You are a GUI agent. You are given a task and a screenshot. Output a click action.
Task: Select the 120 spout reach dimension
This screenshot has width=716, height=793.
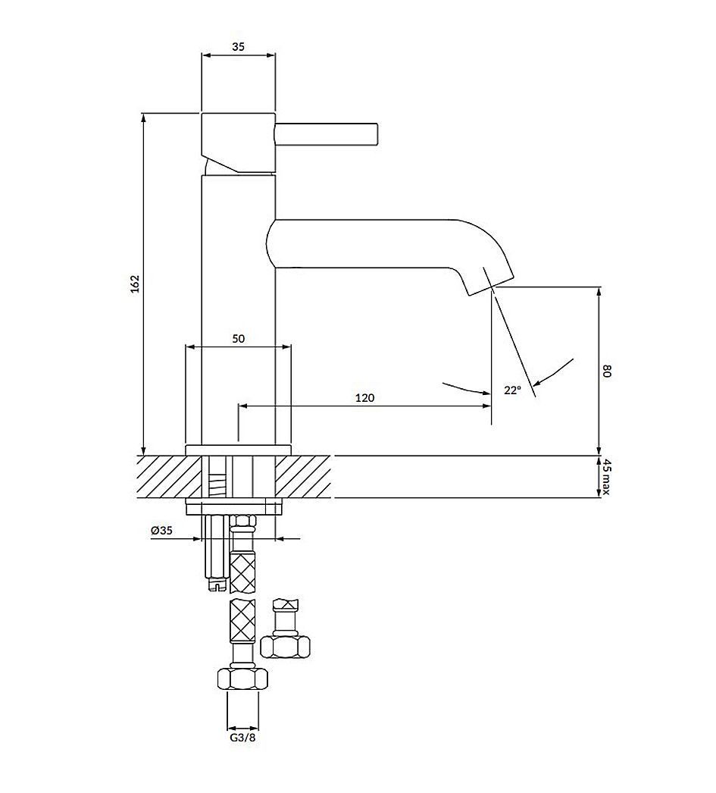(x=365, y=397)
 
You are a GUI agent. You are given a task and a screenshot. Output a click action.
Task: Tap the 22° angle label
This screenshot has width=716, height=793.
(x=512, y=390)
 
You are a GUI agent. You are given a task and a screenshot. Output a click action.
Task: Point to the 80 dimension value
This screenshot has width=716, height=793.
(x=606, y=371)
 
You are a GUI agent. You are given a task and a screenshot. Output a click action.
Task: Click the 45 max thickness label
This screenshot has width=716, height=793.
(x=606, y=477)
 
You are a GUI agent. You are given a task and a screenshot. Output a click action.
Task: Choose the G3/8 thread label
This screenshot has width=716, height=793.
(x=242, y=736)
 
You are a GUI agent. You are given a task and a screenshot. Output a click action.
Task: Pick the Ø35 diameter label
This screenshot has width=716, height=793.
(x=162, y=531)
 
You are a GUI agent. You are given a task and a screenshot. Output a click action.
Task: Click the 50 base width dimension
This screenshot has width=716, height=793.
(x=238, y=339)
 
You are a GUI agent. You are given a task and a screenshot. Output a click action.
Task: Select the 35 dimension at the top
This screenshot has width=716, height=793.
(x=238, y=46)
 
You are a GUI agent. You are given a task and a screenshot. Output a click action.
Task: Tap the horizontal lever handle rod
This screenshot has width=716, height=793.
(x=326, y=133)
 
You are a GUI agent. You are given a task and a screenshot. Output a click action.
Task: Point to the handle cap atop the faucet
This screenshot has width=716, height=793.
(x=237, y=140)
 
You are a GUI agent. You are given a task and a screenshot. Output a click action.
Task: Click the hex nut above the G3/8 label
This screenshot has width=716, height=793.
(x=242, y=678)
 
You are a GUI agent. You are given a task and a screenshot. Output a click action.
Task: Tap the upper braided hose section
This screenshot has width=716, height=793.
(x=242, y=572)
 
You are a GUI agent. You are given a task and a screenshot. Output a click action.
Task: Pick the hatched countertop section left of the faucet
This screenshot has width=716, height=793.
(x=161, y=477)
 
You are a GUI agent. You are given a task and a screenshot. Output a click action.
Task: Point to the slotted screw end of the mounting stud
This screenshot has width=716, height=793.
(x=216, y=585)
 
